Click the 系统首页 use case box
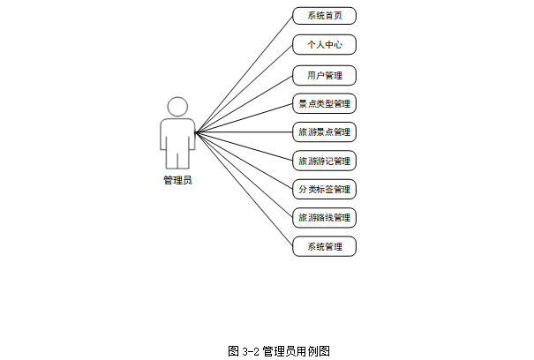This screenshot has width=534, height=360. tap(324, 16)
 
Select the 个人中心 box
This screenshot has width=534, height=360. tap(324, 45)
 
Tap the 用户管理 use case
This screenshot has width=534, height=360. tap(324, 75)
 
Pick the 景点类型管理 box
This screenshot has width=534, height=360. tap(324, 104)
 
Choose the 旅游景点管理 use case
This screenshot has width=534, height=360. tap(324, 133)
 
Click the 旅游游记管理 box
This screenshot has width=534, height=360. tap(324, 161)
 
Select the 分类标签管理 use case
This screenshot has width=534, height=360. tap(324, 189)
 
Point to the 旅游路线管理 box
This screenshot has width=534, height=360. tap(324, 217)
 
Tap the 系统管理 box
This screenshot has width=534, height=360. tap(324, 246)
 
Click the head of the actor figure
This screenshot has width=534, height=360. tap(177, 107)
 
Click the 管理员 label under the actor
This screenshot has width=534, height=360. tap(177, 180)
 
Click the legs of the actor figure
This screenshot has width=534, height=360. tap(177, 159)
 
